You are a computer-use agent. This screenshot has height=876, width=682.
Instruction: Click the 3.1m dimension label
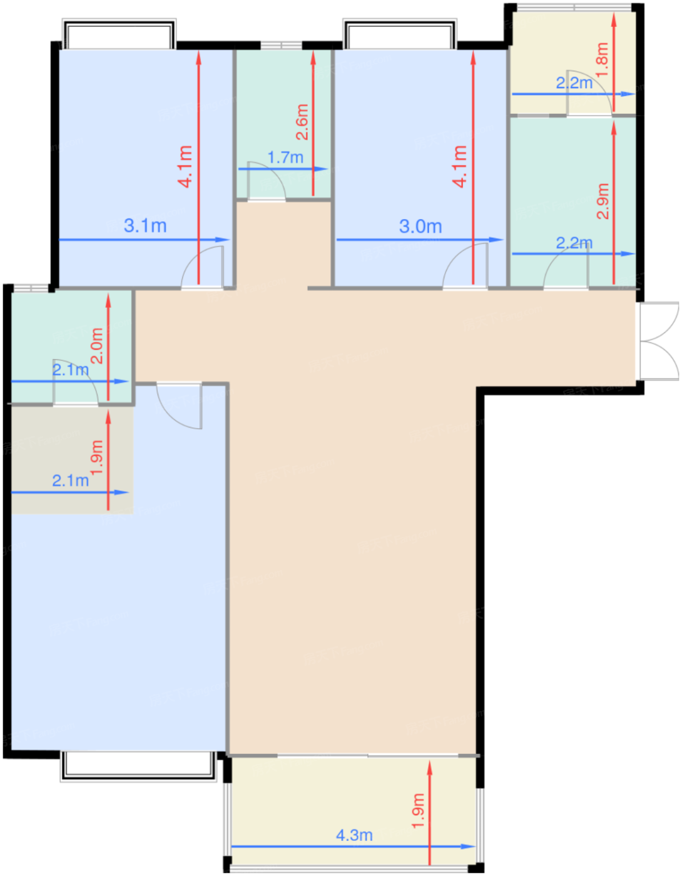point(145,226)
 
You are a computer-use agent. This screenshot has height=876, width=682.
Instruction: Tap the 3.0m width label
point(420,227)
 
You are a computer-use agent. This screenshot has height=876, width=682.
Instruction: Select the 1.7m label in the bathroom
point(285,157)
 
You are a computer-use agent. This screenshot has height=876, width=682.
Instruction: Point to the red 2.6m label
point(302,122)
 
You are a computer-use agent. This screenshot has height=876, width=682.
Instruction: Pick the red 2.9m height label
point(603,201)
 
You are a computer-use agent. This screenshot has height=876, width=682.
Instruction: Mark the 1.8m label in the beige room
point(601,59)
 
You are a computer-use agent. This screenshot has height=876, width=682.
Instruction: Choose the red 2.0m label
point(97,346)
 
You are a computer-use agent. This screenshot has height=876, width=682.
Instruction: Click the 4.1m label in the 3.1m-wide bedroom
point(185,166)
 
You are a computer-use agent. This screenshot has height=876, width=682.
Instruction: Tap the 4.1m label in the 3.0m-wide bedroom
point(459,166)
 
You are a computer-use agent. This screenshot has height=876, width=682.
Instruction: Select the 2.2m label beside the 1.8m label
point(574,83)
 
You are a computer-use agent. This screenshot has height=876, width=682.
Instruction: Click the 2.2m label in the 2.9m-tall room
point(574,243)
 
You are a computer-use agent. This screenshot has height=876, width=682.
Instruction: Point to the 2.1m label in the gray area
point(70,481)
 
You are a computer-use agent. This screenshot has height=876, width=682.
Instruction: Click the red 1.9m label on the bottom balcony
point(418,811)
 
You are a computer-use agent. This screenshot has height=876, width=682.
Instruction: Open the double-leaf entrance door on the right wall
point(659,341)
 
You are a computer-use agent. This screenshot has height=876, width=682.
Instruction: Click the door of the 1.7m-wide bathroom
point(267,181)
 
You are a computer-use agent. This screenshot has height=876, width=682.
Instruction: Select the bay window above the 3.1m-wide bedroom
point(119,33)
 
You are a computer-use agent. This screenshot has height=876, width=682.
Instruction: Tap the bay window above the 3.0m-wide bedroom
point(400,33)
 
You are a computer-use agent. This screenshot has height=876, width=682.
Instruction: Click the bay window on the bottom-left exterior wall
point(138,766)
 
